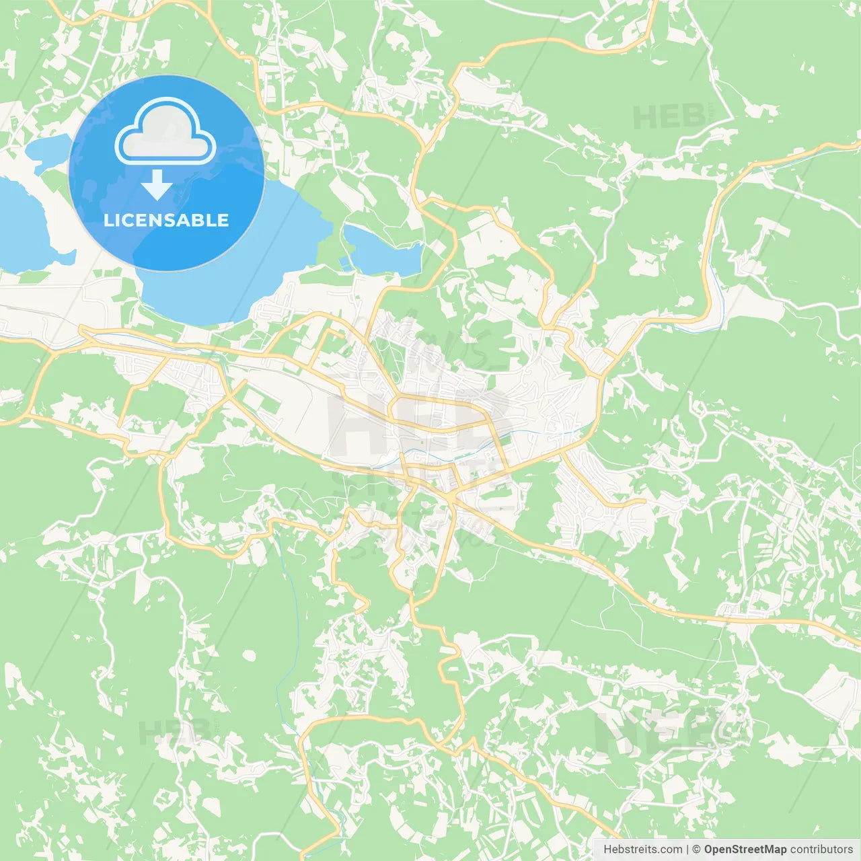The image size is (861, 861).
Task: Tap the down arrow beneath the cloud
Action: point(157,185)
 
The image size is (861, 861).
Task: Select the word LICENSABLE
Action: point(166,221)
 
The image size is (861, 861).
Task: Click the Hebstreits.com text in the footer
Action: point(642,850)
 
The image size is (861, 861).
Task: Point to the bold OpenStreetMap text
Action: point(745,850)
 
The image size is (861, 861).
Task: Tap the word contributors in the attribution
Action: point(821,850)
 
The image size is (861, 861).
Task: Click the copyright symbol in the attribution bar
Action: point(696,850)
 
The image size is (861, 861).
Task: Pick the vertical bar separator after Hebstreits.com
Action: point(687,850)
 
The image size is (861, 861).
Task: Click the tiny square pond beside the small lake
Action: point(346,264)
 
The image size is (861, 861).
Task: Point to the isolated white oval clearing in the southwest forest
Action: point(250,654)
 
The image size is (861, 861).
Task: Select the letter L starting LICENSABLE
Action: point(108,221)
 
